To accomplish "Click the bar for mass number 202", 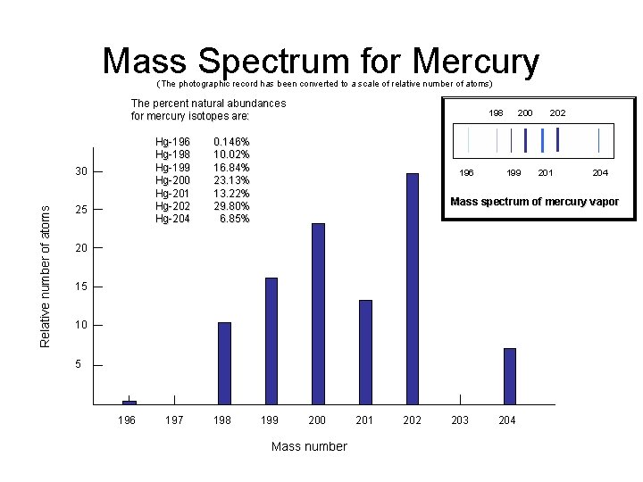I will click(x=412, y=288).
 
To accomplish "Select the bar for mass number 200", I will click(x=318, y=313).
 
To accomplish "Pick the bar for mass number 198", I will click(x=224, y=362).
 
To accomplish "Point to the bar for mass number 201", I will click(x=365, y=352).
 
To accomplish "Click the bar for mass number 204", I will click(x=509, y=376).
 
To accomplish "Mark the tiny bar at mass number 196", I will click(x=129, y=402).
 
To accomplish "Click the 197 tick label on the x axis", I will click(x=174, y=420).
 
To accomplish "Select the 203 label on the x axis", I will click(x=460, y=420).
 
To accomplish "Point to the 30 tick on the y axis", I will click(x=81, y=171).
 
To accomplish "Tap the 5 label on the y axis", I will click(x=79, y=364).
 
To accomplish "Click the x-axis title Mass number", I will click(x=308, y=446).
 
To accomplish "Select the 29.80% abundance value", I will click(x=231, y=205).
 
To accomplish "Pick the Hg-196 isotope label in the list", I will click(x=172, y=142).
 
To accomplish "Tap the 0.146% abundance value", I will click(x=231, y=142).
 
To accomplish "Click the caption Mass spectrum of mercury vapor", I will click(x=534, y=202).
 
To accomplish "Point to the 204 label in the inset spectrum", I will click(x=600, y=173).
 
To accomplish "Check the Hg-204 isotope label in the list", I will click(x=172, y=219).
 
